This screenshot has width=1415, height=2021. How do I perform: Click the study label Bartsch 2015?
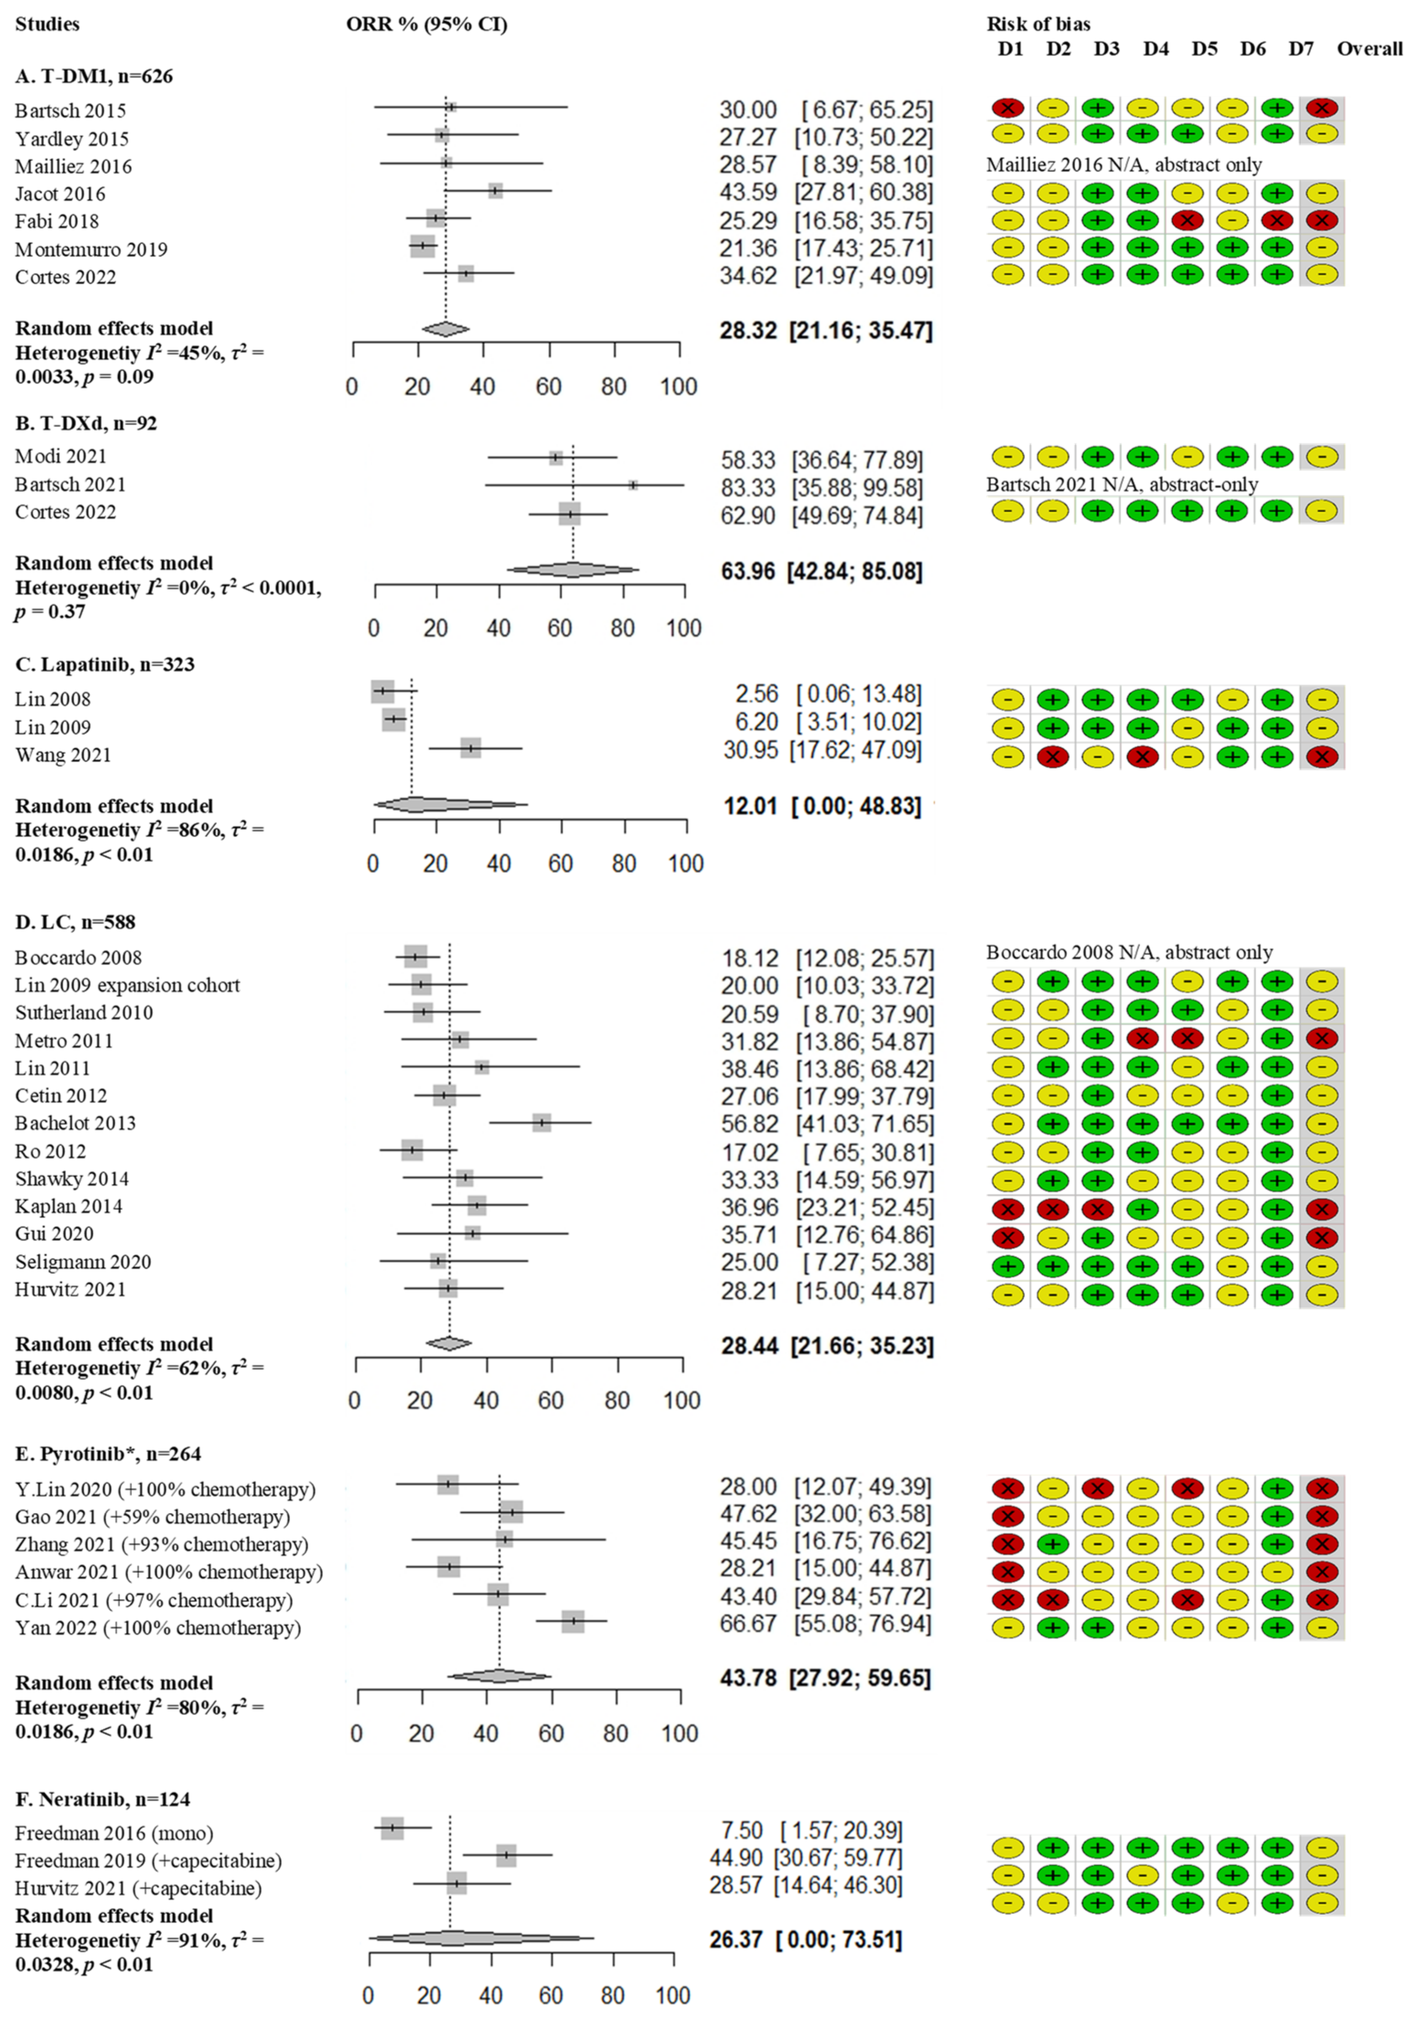(70, 111)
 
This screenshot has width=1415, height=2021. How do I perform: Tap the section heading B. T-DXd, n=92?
(86, 423)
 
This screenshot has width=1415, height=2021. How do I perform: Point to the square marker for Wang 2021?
(471, 748)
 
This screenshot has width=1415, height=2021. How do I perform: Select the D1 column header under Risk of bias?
(1010, 49)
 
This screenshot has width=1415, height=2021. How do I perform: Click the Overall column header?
(1369, 49)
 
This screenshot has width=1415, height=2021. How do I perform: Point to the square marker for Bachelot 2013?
(541, 1123)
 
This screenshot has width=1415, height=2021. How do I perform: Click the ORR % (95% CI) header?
(427, 25)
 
